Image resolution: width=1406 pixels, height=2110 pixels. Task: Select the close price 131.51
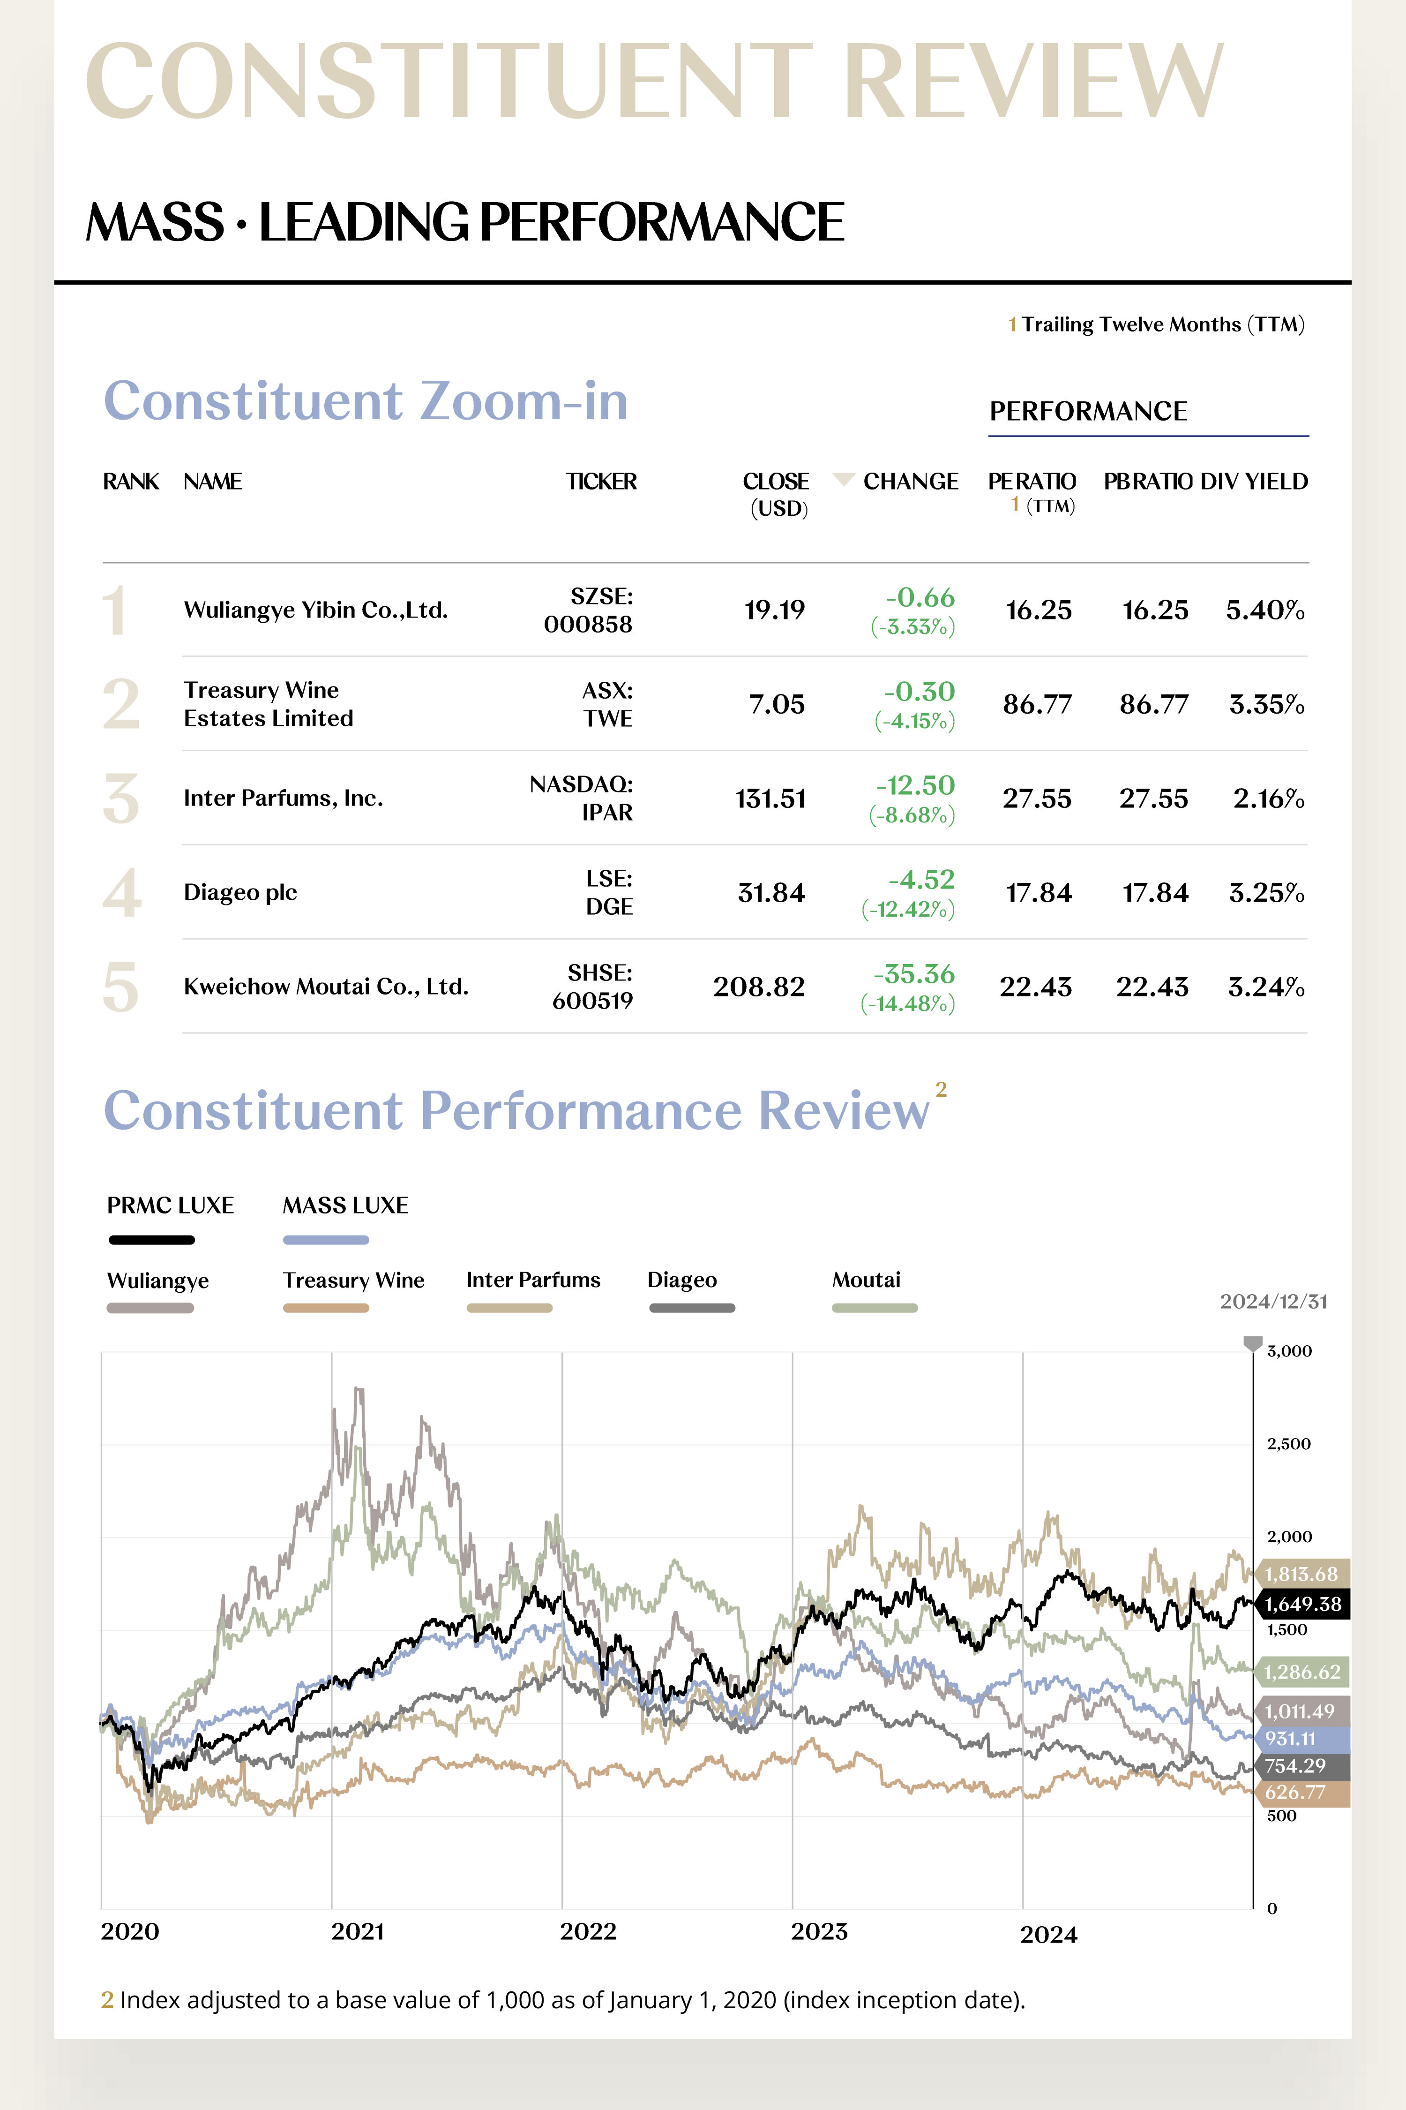click(770, 799)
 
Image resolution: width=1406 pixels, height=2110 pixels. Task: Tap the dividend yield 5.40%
click(1264, 610)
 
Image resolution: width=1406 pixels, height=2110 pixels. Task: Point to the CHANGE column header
click(910, 482)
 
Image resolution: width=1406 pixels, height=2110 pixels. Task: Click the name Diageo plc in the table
click(240, 893)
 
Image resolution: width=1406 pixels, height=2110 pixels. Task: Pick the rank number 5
click(121, 987)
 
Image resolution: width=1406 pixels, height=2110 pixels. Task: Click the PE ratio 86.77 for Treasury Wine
click(1038, 704)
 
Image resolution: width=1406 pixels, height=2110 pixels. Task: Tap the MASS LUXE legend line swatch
click(326, 1240)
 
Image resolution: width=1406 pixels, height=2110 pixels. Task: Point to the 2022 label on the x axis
click(588, 1930)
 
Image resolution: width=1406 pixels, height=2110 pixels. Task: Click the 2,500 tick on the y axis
click(1288, 1443)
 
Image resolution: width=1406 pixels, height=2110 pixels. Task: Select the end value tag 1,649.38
click(1303, 1604)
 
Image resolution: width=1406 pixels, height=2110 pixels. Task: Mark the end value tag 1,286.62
click(1302, 1672)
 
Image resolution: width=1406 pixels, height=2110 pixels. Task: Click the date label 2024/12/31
click(1273, 1302)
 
